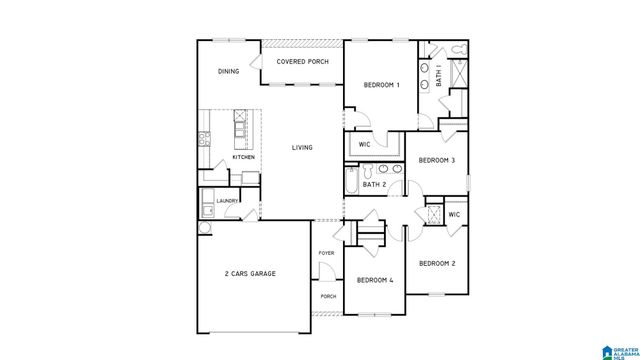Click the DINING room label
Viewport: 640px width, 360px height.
point(229,72)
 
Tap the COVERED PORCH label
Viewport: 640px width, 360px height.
point(302,62)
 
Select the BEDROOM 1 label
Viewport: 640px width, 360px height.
point(381,85)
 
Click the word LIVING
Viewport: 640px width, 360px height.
point(302,148)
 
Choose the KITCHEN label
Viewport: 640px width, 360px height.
point(243,157)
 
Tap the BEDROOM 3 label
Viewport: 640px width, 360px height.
point(437,160)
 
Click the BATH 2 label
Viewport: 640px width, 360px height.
point(373,185)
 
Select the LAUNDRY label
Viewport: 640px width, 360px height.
point(226,200)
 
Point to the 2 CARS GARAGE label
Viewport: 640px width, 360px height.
point(249,273)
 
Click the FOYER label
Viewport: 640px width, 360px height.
point(326,253)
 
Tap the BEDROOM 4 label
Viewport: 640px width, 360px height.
point(376,281)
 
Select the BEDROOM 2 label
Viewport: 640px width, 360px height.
point(437,263)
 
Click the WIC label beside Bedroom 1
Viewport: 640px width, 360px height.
point(365,143)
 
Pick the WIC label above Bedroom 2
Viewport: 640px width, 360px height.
point(453,215)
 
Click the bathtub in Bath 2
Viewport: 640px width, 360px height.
point(350,182)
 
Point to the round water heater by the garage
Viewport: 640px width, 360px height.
point(205,228)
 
